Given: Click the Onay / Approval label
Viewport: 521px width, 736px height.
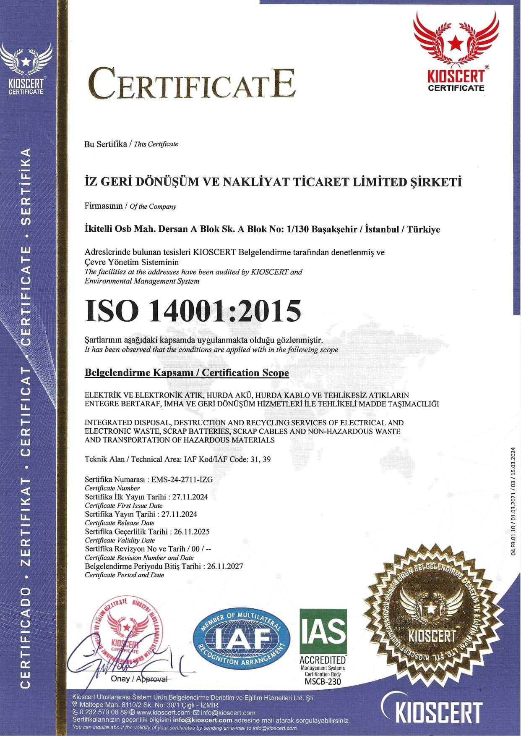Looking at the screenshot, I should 139,679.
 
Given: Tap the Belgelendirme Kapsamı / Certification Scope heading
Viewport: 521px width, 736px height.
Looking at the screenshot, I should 187,373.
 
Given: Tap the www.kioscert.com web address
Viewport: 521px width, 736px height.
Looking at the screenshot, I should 163,712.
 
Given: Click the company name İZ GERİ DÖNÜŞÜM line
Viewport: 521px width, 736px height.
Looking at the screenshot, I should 273,182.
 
